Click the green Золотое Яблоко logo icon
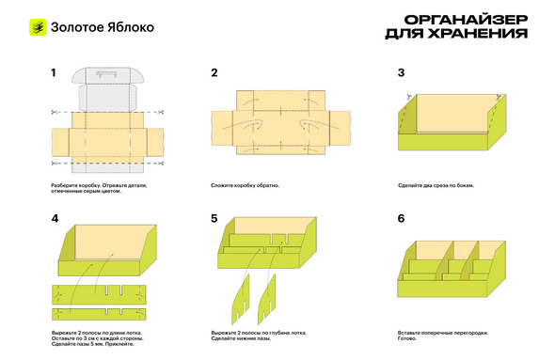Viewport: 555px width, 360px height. click(38, 27)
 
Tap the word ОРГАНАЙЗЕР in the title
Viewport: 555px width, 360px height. click(467, 20)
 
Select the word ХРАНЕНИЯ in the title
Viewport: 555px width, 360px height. click(478, 33)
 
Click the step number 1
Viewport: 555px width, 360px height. click(54, 73)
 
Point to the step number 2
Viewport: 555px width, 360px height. click(214, 73)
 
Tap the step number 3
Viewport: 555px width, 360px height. click(401, 73)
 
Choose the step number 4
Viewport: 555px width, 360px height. click(55, 219)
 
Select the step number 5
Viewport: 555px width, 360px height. click(214, 219)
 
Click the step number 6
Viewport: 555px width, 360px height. click(401, 219)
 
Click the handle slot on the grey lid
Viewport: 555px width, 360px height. click(106, 74)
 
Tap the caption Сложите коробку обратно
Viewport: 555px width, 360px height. click(245, 185)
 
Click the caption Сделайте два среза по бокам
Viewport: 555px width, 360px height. click(436, 185)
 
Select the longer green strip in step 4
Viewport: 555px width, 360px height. click(99, 294)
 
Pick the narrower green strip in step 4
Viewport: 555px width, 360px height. click(99, 314)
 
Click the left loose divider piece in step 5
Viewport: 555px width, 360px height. click(241, 299)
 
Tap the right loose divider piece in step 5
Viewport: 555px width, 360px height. click(266, 299)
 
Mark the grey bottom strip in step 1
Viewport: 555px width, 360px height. click(107, 168)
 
